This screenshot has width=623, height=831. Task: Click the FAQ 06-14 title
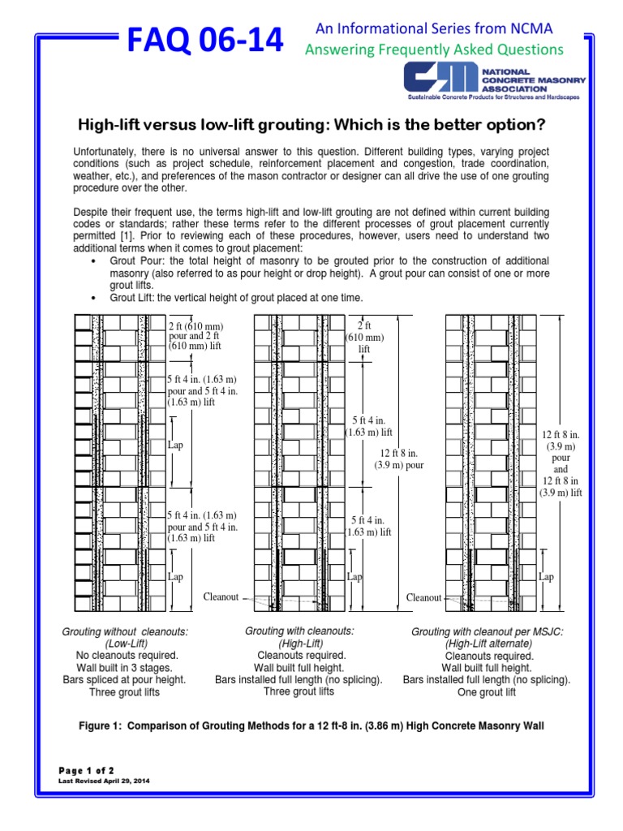204,39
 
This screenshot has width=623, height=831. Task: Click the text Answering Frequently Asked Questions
433,50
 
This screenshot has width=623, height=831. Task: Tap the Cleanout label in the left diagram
221,596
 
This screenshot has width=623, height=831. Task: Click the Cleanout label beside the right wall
423,598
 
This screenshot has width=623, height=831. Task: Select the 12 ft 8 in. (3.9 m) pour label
398,459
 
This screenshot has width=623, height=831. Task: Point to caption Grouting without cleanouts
125,631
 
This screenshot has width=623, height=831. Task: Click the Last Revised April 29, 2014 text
105,781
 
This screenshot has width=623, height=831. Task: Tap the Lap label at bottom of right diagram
546,577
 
